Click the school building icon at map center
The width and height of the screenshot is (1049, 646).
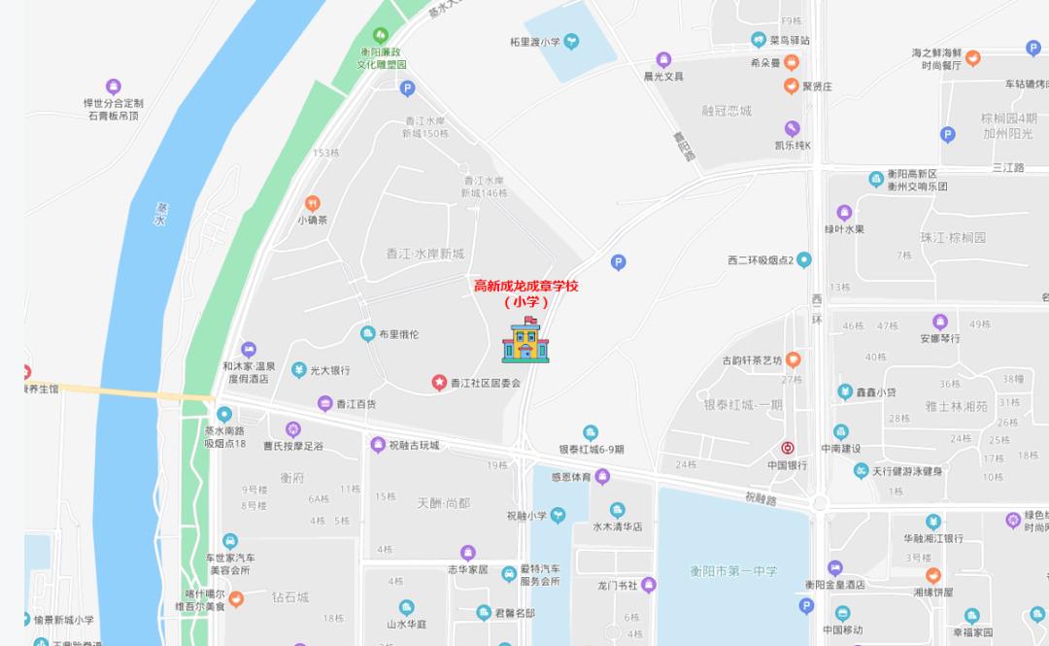(525, 341)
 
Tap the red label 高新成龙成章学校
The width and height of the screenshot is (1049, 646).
(525, 286)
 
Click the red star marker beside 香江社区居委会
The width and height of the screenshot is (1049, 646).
(439, 383)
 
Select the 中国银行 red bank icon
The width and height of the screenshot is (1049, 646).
(789, 448)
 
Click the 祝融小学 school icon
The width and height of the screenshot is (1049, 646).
(558, 516)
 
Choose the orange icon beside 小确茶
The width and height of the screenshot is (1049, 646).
(313, 203)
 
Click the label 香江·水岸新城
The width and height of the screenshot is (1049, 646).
(425, 254)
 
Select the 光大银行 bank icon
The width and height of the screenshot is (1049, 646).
(300, 370)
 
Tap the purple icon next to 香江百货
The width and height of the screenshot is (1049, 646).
(324, 403)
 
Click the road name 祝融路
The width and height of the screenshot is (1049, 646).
(761, 498)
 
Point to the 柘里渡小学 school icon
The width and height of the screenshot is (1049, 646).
(572, 41)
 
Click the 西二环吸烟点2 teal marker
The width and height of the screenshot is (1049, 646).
(804, 260)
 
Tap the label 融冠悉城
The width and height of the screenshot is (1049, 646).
(727, 111)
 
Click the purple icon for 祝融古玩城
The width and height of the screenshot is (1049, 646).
(378, 445)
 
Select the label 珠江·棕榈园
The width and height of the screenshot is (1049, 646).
(953, 237)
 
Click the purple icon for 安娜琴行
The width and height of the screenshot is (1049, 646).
(939, 322)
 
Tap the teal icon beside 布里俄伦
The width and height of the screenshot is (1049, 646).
(367, 334)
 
